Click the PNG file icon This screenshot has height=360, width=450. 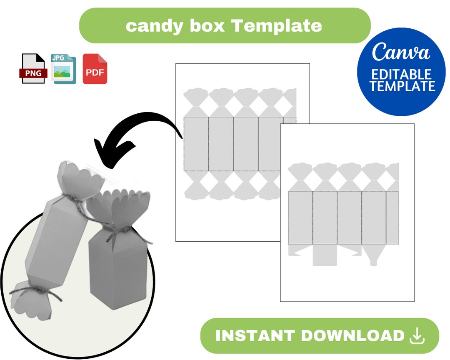click(x=32, y=69)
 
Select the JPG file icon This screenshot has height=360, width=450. click(x=63, y=69)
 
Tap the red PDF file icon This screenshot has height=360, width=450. click(x=95, y=69)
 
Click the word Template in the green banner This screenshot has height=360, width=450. click(x=276, y=26)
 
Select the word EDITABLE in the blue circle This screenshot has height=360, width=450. click(x=401, y=75)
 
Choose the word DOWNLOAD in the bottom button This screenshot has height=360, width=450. click(x=352, y=336)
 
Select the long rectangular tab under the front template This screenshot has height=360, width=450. click(x=325, y=255)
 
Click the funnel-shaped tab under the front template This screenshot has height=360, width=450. click(x=373, y=254)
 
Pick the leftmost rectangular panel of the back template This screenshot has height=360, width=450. click(x=196, y=144)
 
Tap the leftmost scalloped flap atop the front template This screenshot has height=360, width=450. click(x=300, y=171)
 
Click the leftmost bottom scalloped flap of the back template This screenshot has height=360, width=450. click(x=196, y=190)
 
